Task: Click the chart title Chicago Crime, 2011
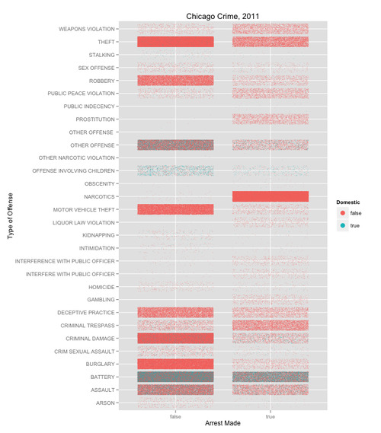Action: (x=223, y=17)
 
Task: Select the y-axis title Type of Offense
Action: (x=10, y=216)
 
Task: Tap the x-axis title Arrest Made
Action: (x=223, y=423)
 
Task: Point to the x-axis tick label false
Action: (x=175, y=416)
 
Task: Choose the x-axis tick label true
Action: (x=271, y=416)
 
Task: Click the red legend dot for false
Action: (x=343, y=213)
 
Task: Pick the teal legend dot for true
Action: (x=343, y=225)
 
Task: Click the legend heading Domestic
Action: (x=348, y=202)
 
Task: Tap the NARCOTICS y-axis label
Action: (x=99, y=196)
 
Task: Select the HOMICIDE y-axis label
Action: (x=101, y=287)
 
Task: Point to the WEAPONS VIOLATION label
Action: (x=87, y=29)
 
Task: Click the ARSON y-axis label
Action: (x=105, y=403)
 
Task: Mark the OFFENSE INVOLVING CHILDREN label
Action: (x=73, y=171)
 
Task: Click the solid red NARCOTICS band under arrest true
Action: (x=271, y=196)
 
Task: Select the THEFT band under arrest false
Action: (x=175, y=42)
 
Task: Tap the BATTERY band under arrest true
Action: (x=271, y=377)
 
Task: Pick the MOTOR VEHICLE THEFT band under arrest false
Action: (x=175, y=209)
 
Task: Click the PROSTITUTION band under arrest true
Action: (x=271, y=119)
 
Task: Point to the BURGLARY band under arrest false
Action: (x=175, y=364)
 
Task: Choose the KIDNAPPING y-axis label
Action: (x=98, y=235)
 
